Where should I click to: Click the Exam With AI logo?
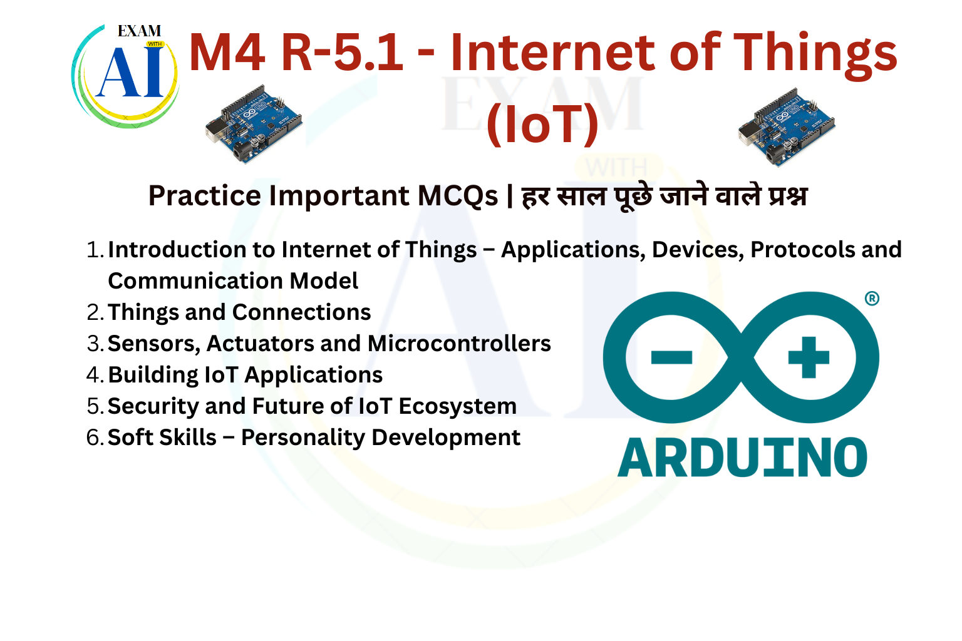(x=125, y=76)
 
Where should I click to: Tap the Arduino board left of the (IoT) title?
(x=254, y=124)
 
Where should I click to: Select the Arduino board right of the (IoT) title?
(x=787, y=126)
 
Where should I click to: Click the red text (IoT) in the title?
(x=542, y=124)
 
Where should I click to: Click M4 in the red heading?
(x=226, y=53)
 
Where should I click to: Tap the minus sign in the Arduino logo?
(x=671, y=357)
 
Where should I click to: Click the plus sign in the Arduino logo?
(x=809, y=357)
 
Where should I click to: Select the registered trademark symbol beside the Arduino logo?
(x=872, y=298)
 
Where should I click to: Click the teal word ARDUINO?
(x=743, y=458)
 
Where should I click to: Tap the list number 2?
(x=95, y=312)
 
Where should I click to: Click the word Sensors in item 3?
(x=153, y=344)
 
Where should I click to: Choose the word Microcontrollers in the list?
(x=459, y=344)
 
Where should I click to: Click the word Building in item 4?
(x=153, y=375)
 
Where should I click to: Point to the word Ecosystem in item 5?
(x=458, y=407)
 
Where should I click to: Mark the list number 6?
(x=95, y=438)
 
